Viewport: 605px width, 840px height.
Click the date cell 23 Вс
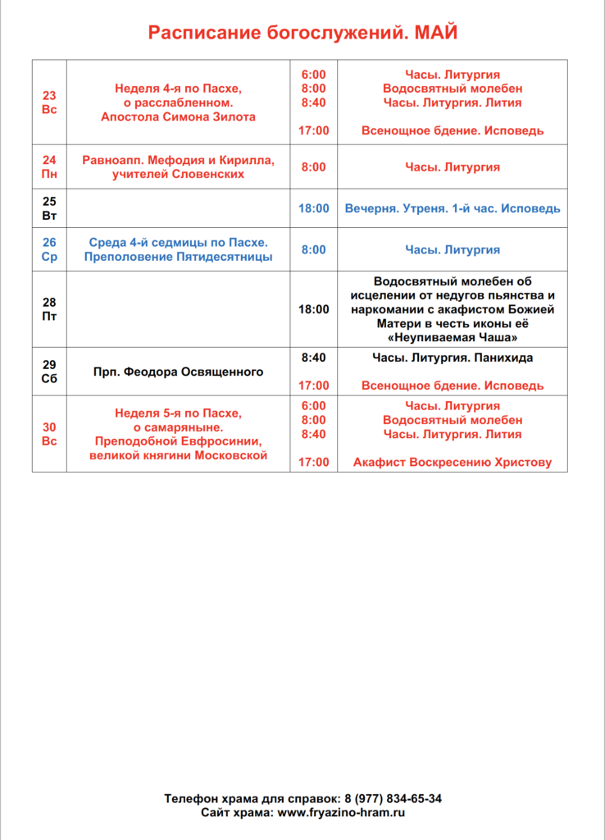coord(49,103)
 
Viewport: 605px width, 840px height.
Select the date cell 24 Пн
coord(49,167)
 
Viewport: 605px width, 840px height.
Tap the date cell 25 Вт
coord(49,208)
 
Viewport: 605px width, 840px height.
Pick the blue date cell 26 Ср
coord(49,249)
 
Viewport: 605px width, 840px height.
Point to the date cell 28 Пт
coord(49,309)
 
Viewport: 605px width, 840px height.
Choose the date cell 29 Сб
coord(49,372)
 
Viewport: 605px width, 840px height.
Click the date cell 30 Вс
coord(49,434)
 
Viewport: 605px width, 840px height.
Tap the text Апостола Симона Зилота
coord(178,117)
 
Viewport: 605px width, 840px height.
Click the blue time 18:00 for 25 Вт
coord(313,208)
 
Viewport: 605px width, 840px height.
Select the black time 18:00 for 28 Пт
coord(313,309)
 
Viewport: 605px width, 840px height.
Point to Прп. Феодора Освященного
coord(178,372)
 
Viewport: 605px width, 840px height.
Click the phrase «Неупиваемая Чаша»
coord(453,338)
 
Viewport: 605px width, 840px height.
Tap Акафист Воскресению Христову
coord(453,463)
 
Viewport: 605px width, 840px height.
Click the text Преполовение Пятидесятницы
coord(178,258)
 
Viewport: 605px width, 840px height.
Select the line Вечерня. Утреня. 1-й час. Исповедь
coord(453,208)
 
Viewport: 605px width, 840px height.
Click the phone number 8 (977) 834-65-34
coord(393,798)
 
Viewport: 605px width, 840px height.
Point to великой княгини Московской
coord(178,456)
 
